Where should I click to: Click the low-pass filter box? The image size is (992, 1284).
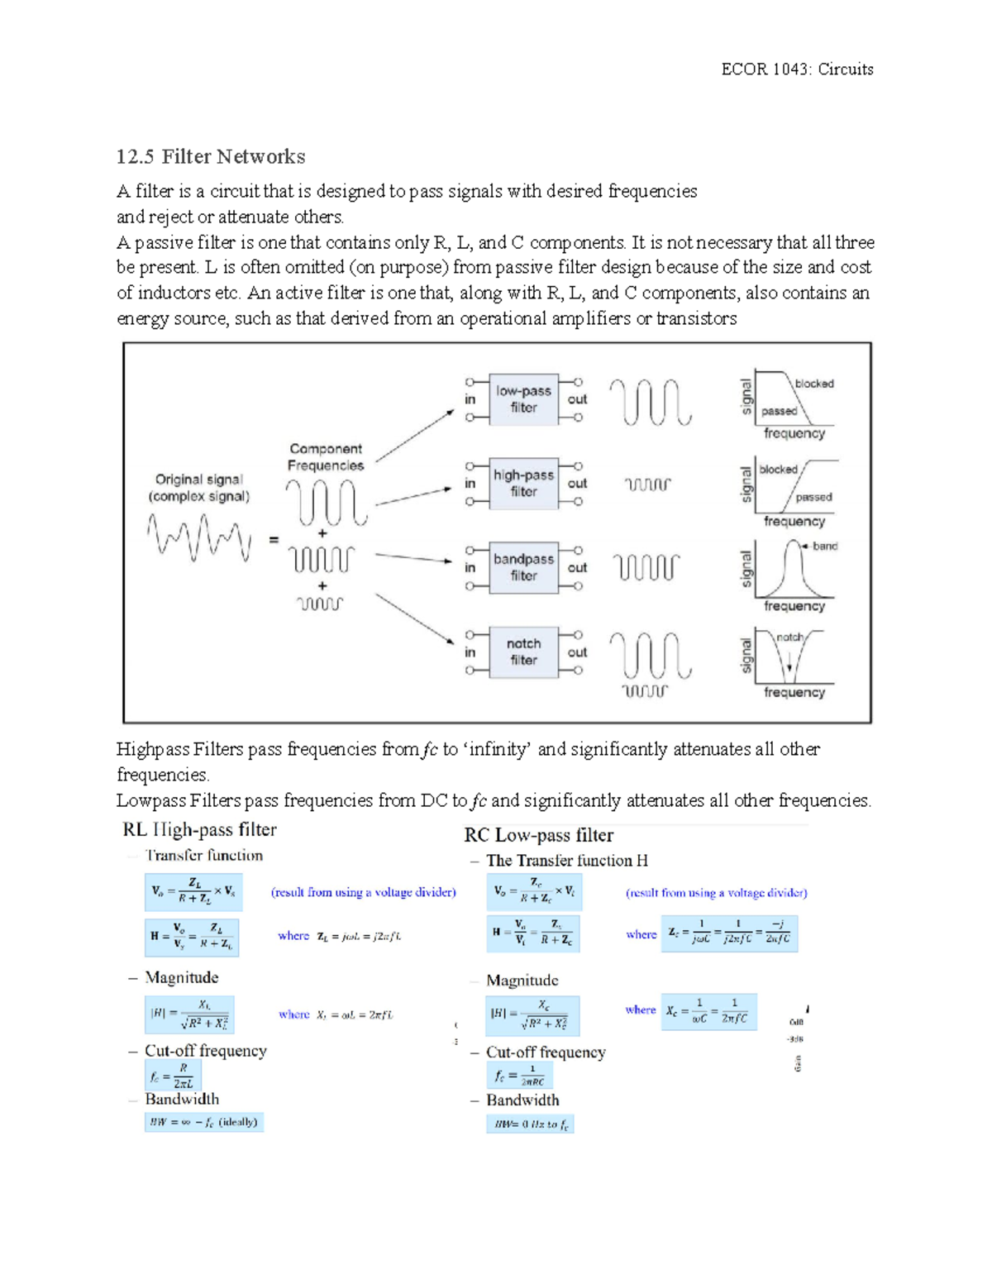(523, 399)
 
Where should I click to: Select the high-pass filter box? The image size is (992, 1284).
(523, 484)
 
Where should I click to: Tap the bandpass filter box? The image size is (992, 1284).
(523, 568)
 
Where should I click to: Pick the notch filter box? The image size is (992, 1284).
(523, 652)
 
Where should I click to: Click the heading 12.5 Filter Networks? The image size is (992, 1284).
(211, 157)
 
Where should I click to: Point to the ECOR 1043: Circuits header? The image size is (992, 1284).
(797, 69)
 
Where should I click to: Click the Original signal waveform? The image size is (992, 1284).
(199, 537)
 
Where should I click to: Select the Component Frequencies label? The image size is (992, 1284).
(326, 457)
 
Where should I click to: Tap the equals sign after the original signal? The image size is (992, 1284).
(274, 540)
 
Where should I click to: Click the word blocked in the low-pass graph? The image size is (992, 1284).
(814, 384)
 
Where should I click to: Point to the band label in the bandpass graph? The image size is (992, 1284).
(824, 547)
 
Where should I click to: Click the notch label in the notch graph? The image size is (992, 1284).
(789, 637)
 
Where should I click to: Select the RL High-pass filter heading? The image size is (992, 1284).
(199, 830)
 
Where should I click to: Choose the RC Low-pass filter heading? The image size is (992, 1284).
(538, 835)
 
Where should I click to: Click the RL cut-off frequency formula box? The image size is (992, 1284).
(173, 1076)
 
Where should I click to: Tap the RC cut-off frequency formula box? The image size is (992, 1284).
(519, 1076)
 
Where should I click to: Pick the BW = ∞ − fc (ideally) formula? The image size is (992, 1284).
(204, 1122)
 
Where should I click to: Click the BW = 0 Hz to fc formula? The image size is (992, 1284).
(530, 1124)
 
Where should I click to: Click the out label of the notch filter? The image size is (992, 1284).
(577, 652)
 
